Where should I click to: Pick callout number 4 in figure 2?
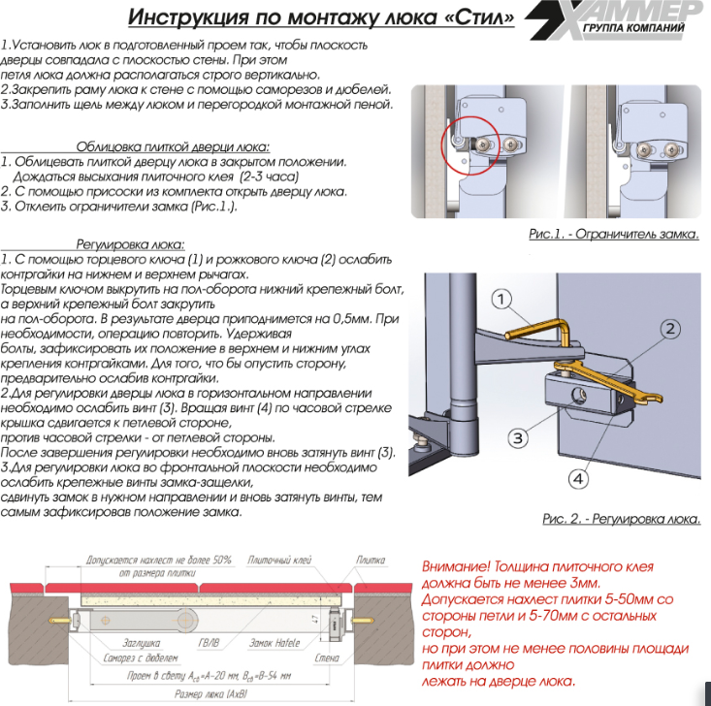(577, 478)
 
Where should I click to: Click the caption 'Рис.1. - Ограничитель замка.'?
(614, 234)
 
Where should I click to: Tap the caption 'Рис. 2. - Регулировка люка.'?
(621, 520)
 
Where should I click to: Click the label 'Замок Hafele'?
(274, 642)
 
